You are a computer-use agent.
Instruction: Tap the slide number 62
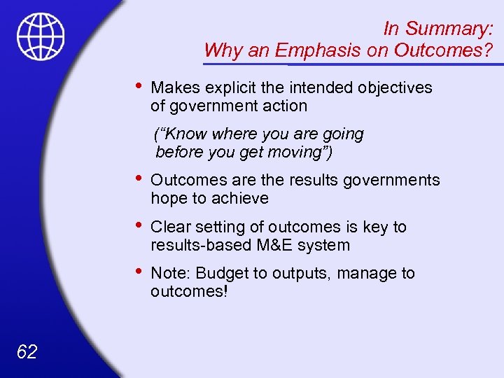click(x=27, y=351)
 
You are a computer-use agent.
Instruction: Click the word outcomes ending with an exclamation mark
click(x=189, y=291)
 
